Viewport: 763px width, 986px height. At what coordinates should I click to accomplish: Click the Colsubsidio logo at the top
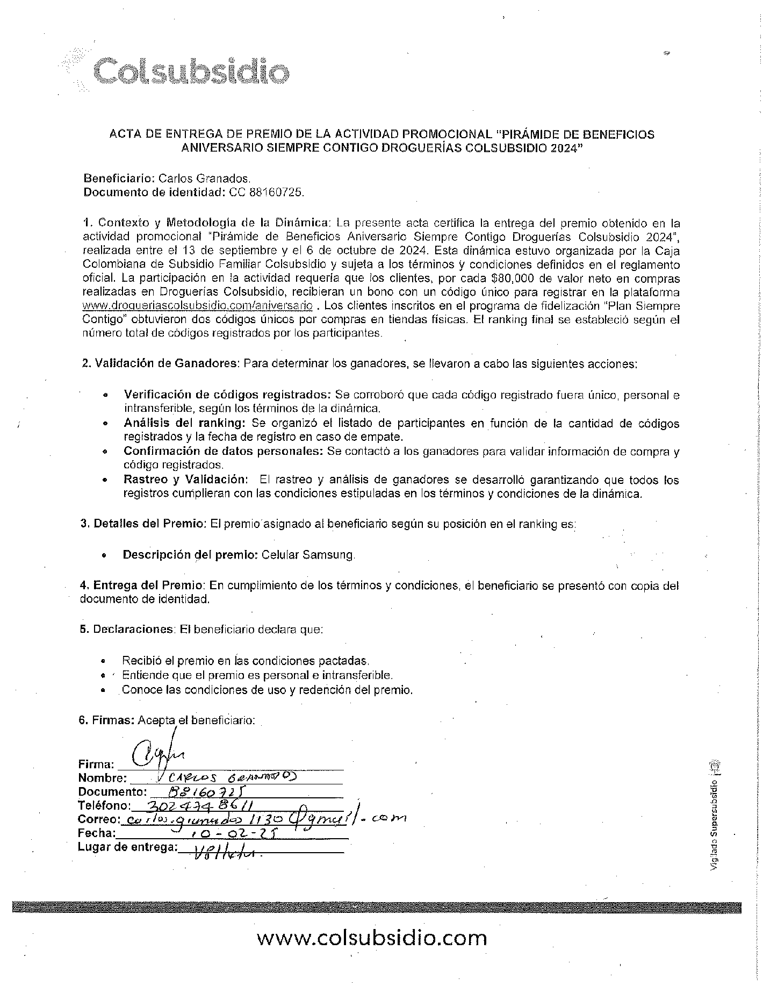pos(183,70)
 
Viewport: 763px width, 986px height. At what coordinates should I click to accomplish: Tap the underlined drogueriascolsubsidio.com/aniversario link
pos(197,306)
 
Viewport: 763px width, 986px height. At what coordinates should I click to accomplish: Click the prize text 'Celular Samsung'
pos(308,555)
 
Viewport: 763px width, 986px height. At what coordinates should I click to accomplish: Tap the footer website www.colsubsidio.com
pos(372,938)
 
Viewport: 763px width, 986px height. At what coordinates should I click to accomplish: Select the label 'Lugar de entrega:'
pos(128,847)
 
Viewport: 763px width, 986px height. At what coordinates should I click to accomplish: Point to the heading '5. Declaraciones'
pos(127,629)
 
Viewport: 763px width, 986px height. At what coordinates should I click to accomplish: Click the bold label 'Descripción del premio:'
pos(191,555)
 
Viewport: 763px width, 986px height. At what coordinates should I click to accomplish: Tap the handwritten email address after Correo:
pos(263,818)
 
